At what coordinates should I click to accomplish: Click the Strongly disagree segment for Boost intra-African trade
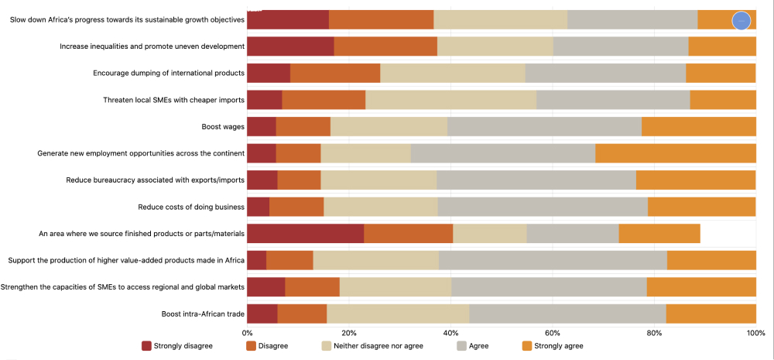pyautogui.click(x=262, y=314)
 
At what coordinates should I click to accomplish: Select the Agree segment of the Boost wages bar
pyautogui.click(x=544, y=126)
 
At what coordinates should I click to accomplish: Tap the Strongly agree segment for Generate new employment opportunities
pyautogui.click(x=675, y=153)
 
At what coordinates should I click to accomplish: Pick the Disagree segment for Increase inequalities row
pyautogui.click(x=385, y=46)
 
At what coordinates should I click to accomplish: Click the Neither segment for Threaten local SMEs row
pyautogui.click(x=450, y=100)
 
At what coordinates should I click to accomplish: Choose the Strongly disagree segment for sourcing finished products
pyautogui.click(x=305, y=233)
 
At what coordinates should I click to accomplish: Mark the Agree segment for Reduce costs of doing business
pyautogui.click(x=543, y=207)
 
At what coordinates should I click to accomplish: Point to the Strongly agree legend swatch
pyautogui.click(x=528, y=345)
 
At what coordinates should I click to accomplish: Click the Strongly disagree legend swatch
pyautogui.click(x=146, y=345)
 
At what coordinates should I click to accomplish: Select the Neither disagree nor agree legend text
pyautogui.click(x=378, y=345)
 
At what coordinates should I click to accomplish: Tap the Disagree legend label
pyautogui.click(x=274, y=345)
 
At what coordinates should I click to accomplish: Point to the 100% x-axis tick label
pyautogui.click(x=755, y=333)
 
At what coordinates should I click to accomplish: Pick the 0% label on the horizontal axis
pyautogui.click(x=248, y=333)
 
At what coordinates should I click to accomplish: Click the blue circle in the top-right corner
pyautogui.click(x=741, y=21)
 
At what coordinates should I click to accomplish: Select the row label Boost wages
pyautogui.click(x=223, y=126)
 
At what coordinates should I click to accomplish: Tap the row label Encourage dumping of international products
pyautogui.click(x=169, y=74)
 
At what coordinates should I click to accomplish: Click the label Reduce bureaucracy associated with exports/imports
pyautogui.click(x=156, y=180)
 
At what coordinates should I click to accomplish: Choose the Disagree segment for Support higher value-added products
pyautogui.click(x=289, y=260)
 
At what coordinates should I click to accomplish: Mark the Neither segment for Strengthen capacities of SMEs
pyautogui.click(x=396, y=286)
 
